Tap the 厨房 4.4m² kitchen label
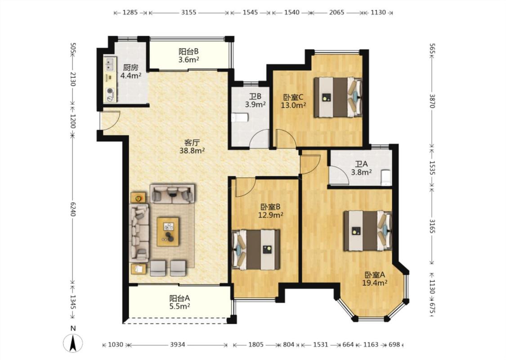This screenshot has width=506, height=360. click(131, 72)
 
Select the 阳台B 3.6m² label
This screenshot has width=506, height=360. click(188, 55)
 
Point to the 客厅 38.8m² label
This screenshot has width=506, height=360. click(193, 146)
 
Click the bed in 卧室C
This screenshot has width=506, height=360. click(338, 97)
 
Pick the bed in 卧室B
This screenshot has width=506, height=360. click(256, 249)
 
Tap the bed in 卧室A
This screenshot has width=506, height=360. click(367, 230)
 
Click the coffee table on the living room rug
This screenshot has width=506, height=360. click(168, 231)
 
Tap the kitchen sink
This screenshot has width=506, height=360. click(110, 64)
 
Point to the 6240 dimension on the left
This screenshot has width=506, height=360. click(72, 210)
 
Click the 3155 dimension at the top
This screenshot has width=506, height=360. click(188, 13)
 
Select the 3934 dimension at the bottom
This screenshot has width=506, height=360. click(178, 345)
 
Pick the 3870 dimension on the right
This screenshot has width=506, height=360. click(433, 101)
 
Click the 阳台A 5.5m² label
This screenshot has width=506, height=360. click(179, 302)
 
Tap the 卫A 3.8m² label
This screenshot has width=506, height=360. click(361, 168)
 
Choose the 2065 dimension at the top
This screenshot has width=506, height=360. click(336, 13)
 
